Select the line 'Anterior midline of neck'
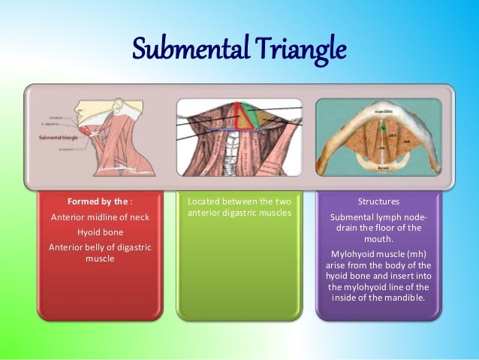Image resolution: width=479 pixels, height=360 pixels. tap(100, 217)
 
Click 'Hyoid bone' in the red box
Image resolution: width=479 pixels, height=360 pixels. tap(100, 232)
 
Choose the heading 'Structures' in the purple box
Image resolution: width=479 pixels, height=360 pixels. tap(378, 202)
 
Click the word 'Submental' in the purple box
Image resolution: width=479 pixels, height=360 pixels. tap(353, 217)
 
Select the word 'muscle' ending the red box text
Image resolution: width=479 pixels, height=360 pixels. tap(100, 259)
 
